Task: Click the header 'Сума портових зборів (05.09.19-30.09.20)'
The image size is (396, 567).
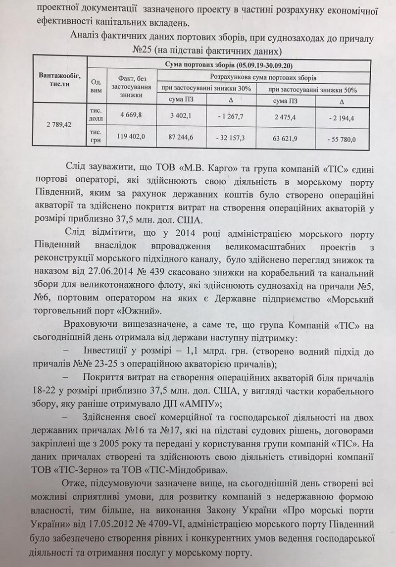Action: point(228,65)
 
